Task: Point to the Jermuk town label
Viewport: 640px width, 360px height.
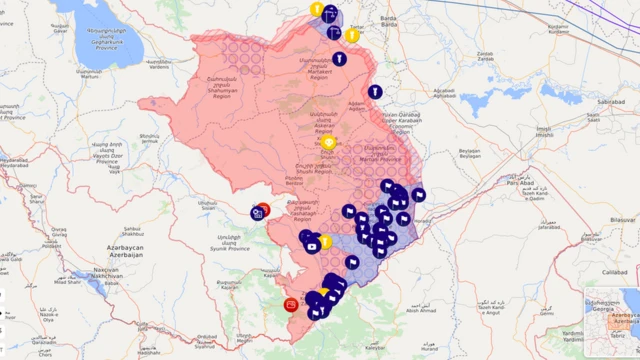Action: click(x=150, y=137)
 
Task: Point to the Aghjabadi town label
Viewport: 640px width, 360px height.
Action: click(x=444, y=93)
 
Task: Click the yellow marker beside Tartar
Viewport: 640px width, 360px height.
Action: click(x=352, y=35)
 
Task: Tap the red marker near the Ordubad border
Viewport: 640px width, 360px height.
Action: click(x=291, y=303)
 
